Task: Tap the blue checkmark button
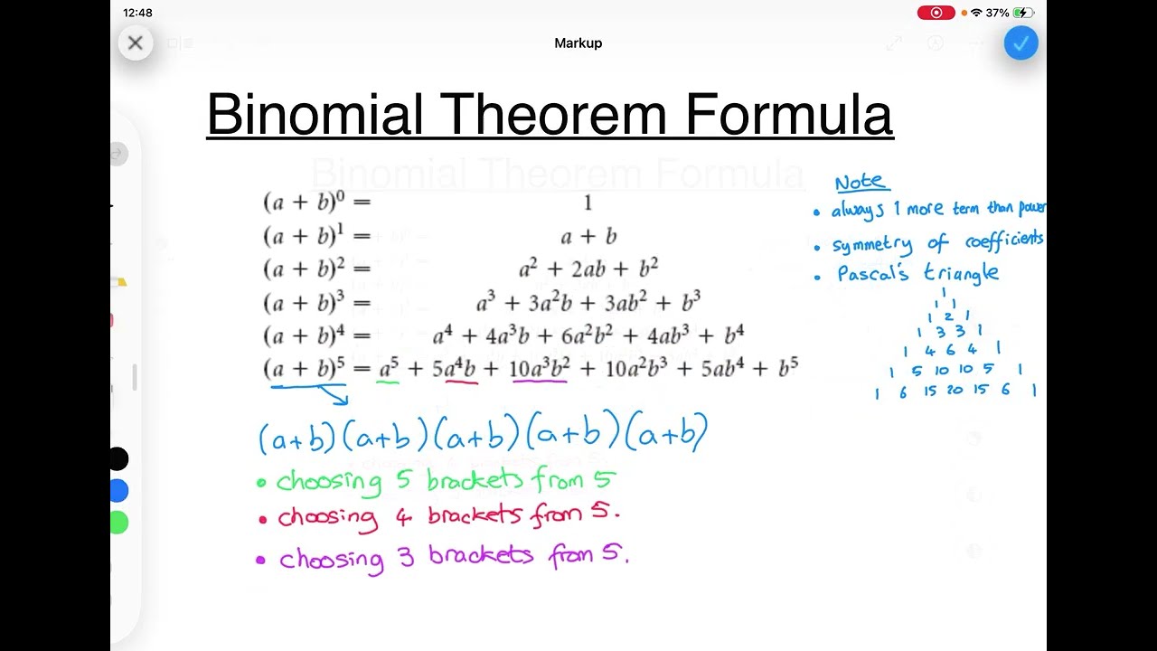tap(1021, 42)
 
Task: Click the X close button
tap(136, 42)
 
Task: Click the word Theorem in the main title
tap(555, 115)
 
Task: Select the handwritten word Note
tap(860, 183)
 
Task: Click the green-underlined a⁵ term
tap(389, 368)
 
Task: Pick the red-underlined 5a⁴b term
tap(454, 368)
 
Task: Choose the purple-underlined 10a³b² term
tap(540, 368)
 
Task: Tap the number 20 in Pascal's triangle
tap(955, 391)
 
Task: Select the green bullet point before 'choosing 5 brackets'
tap(261, 483)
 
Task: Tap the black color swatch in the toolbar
tap(118, 459)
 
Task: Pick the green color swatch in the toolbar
tap(118, 523)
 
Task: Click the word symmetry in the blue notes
tap(872, 245)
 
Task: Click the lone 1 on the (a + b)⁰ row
tap(588, 203)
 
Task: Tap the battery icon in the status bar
tap(1023, 13)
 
